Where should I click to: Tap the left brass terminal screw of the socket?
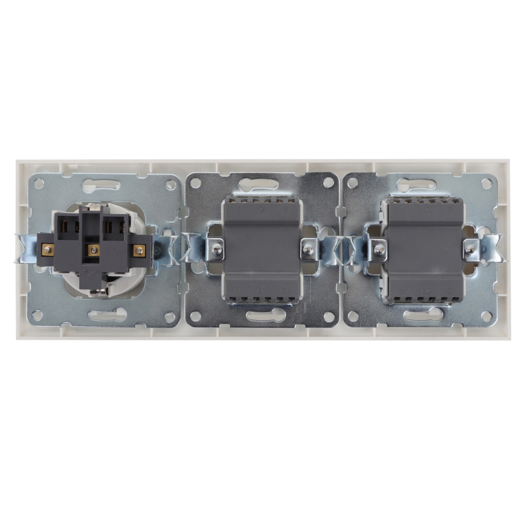coord(46,247)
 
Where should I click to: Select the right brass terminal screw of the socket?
coord(139,250)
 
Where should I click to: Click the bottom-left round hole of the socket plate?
coord(39,314)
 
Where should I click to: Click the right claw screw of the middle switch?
coord(308,247)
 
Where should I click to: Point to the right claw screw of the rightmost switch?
coord(470,247)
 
